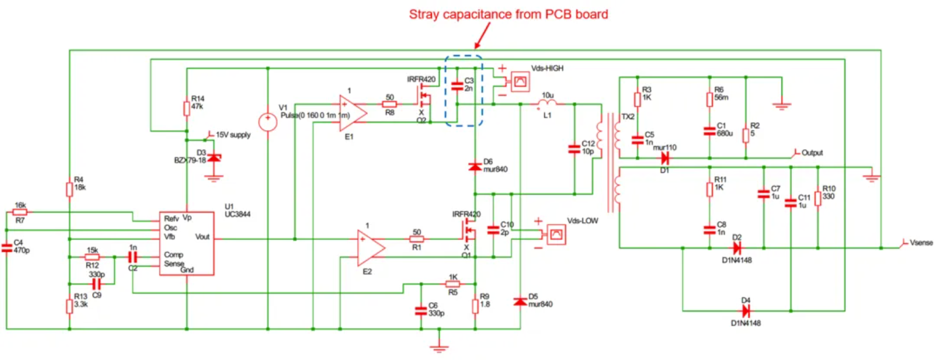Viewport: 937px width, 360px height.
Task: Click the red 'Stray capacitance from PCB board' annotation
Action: click(x=508, y=14)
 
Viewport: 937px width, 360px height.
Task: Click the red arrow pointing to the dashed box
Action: click(x=482, y=37)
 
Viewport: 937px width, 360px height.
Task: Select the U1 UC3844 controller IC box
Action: click(x=187, y=243)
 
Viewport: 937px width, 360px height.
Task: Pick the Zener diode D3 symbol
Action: click(x=214, y=158)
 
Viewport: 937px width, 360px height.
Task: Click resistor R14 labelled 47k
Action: click(x=187, y=108)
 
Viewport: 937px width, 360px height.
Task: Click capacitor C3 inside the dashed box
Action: click(x=457, y=86)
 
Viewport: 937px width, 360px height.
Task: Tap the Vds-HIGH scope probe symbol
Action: click(x=520, y=82)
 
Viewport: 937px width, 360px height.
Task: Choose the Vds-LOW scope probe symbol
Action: click(x=556, y=234)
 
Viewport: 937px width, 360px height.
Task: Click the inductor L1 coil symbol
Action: click(x=547, y=104)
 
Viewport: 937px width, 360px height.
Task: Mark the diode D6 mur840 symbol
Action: click(x=475, y=166)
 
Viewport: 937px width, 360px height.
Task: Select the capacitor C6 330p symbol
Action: click(x=421, y=311)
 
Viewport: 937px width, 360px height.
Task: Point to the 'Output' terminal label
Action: click(x=812, y=153)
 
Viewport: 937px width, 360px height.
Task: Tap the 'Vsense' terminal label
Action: click(x=921, y=243)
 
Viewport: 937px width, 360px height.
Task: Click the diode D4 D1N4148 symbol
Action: click(x=746, y=311)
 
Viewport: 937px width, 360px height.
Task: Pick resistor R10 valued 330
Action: click(x=818, y=199)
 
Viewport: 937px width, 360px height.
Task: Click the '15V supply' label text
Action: click(x=233, y=135)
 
